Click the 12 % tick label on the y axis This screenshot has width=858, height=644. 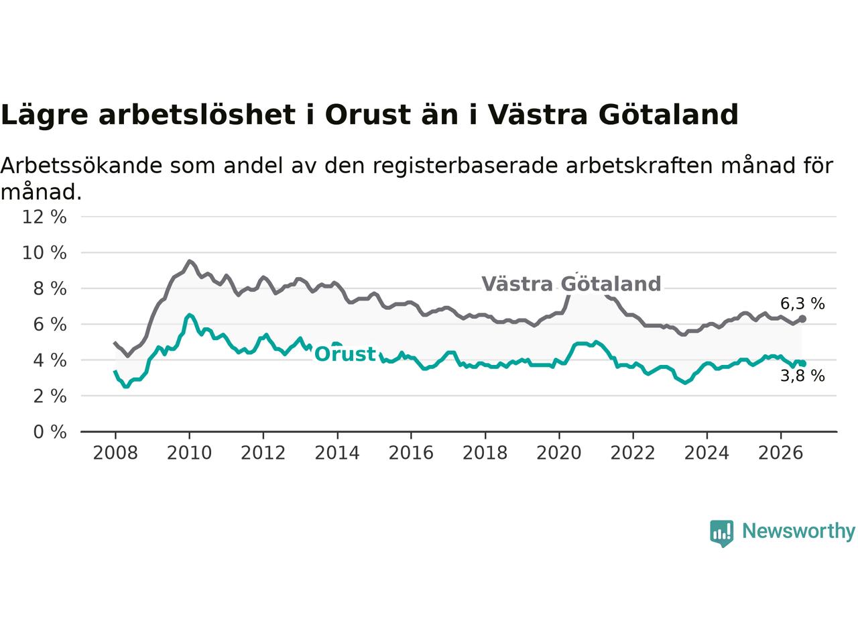pos(44,217)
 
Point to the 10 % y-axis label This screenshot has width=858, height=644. pos(44,253)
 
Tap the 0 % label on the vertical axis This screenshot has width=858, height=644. pos(50,432)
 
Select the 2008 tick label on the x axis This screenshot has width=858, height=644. pos(115,453)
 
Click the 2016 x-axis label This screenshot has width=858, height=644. pos(411,453)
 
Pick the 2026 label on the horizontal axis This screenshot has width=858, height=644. pos(781,453)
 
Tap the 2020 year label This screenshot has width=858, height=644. pos(559,453)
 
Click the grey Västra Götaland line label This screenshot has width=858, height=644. pos(571,284)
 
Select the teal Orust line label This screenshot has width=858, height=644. pos(345,354)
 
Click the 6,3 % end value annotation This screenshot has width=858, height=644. pos(802,303)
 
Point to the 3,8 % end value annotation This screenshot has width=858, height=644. pos(802,376)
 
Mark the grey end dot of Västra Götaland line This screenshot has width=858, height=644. pos(802,319)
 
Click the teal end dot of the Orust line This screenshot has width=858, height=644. pos(802,364)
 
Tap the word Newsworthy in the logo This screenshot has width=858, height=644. pos(798,531)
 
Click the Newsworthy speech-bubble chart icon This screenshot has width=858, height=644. pos(721,533)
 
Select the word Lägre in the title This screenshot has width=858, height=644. pos(44,115)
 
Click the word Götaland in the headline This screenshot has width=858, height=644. pos(668,114)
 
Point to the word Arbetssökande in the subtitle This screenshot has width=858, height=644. pos(81,166)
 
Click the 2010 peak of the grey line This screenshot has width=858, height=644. pos(189,261)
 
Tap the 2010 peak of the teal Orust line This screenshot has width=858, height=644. pos(189,315)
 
